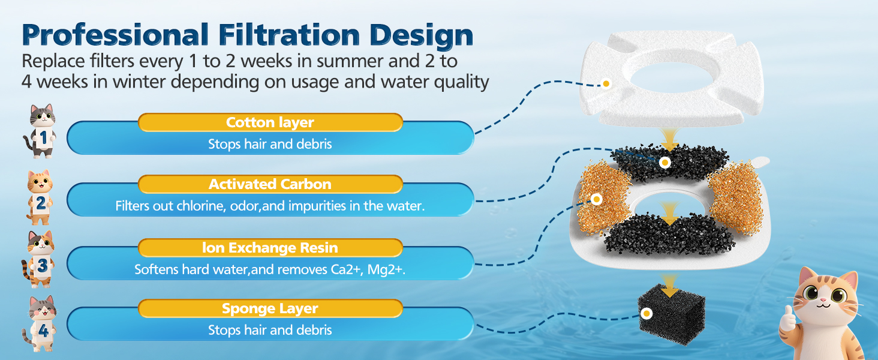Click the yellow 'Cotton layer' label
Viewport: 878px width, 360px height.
pyautogui.click(x=270, y=122)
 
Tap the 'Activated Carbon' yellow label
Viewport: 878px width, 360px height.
pyautogui.click(x=270, y=184)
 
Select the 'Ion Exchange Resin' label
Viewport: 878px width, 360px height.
pyautogui.click(x=270, y=247)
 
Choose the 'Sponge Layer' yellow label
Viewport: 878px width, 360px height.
pyautogui.click(x=270, y=308)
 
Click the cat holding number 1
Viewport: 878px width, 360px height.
pyautogui.click(x=41, y=131)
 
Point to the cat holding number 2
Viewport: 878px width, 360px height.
pyautogui.click(x=40, y=197)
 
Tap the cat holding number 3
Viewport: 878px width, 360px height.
pyautogui.click(x=38, y=259)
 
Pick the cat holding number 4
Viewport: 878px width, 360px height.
pyautogui.click(x=40, y=323)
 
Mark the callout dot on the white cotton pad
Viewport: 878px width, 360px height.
pyautogui.click(x=606, y=83)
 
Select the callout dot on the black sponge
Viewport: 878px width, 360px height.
pyautogui.click(x=647, y=313)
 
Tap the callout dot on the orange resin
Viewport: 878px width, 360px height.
pyautogui.click(x=596, y=199)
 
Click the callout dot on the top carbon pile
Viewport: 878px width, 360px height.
pyautogui.click(x=664, y=163)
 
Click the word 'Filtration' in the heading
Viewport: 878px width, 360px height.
pyautogui.click(x=289, y=35)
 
